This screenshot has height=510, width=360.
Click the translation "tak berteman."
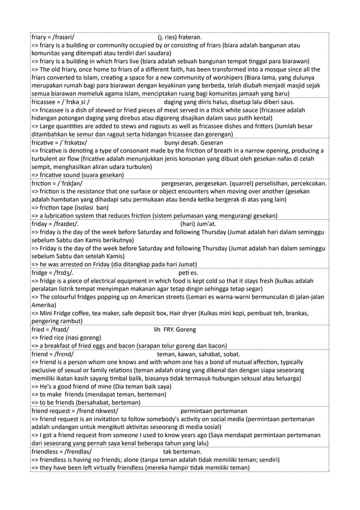tap(186, 452)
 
